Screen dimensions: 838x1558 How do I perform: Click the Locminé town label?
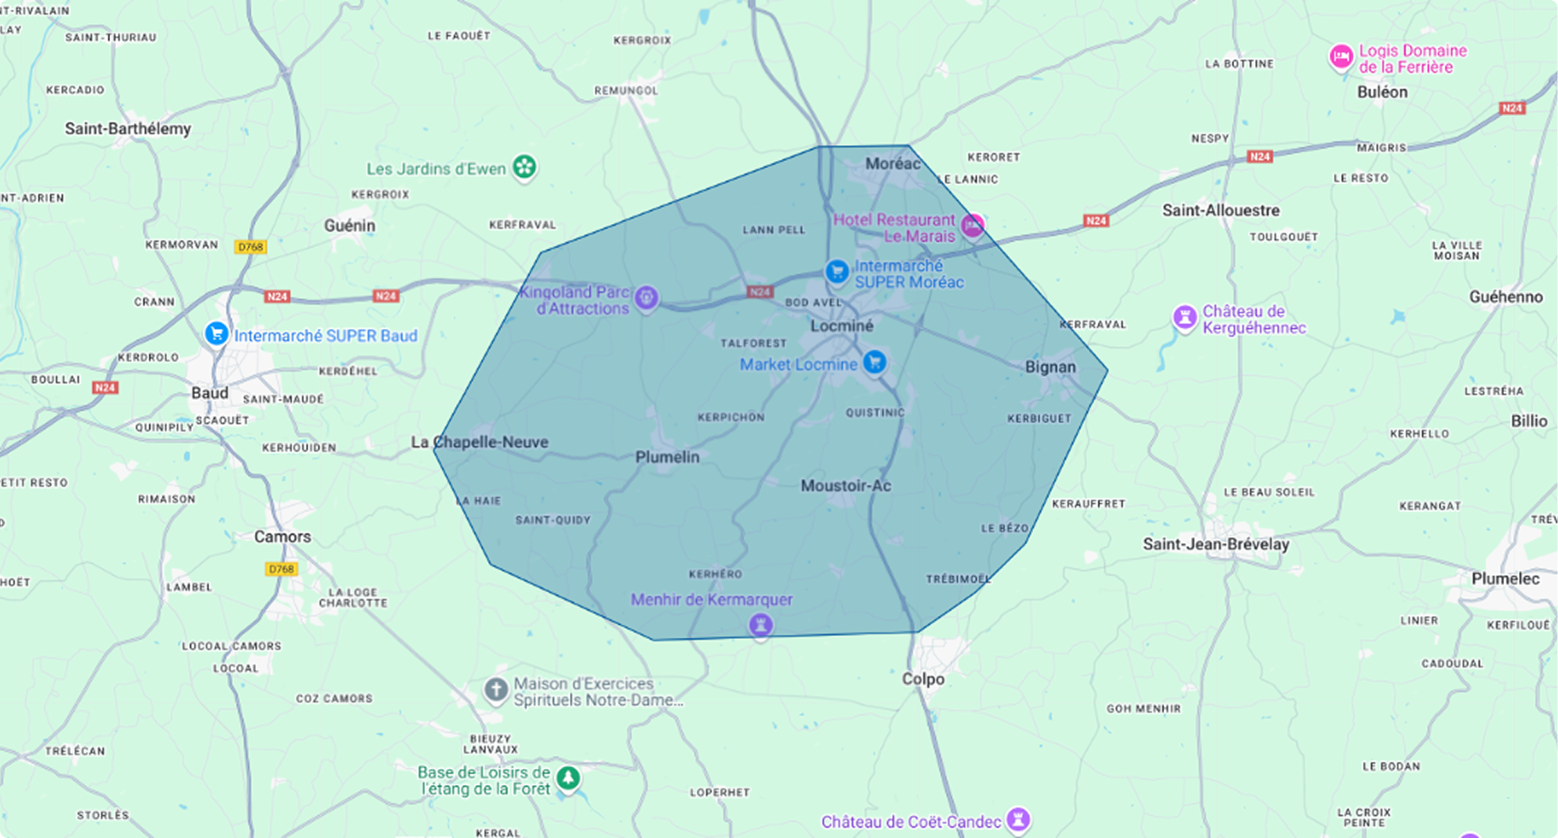point(842,326)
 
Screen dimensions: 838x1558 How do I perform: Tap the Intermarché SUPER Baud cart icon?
point(217,334)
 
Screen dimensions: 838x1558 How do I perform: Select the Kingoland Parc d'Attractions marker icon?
point(647,297)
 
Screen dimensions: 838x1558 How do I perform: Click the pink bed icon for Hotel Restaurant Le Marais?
point(973,225)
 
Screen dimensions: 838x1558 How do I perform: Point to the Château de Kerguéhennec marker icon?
point(1184,317)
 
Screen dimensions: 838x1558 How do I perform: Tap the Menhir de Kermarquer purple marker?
point(760,625)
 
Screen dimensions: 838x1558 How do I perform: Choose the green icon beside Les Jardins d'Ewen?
point(525,166)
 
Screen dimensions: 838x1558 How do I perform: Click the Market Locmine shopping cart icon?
point(875,361)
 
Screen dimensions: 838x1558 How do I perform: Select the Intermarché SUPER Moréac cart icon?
point(837,272)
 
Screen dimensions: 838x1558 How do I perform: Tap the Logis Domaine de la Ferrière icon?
point(1341,58)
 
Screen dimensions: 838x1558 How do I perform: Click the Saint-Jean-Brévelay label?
point(1215,544)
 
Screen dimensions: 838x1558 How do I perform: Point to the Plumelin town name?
point(667,457)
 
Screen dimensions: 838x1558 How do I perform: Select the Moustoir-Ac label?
point(845,486)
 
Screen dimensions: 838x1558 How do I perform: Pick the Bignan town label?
point(1051,366)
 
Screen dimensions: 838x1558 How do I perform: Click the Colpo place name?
point(923,679)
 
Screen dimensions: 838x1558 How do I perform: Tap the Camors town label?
point(282,536)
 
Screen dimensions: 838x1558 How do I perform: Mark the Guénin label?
point(350,226)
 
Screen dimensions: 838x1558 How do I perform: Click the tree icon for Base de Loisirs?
point(568,779)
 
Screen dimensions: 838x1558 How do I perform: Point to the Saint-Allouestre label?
point(1221,211)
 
